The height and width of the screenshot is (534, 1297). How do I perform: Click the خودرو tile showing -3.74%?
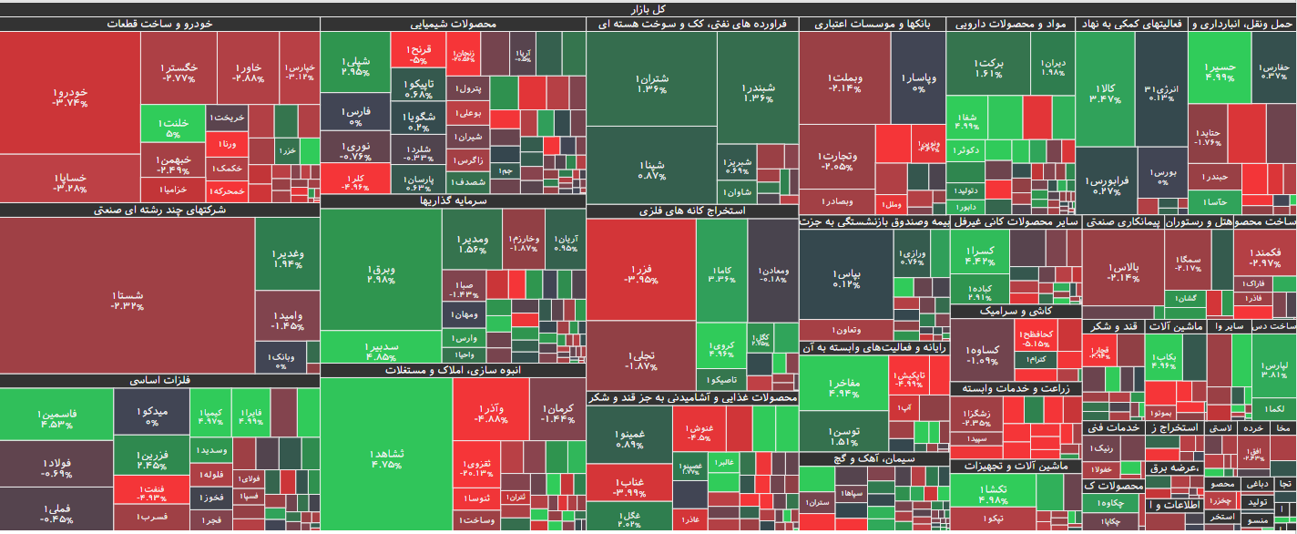coord(69,98)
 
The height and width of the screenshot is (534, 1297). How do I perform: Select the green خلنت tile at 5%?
coord(173,128)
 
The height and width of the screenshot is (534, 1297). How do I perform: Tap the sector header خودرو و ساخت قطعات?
coord(159,25)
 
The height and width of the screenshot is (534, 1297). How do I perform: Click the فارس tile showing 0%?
coord(354,116)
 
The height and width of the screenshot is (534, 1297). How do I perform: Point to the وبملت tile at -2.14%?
coord(845,82)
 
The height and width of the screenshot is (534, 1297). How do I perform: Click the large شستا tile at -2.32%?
coord(127,300)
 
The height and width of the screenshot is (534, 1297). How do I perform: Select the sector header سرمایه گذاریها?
coord(453,200)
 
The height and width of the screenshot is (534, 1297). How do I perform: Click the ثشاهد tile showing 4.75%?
coord(386,458)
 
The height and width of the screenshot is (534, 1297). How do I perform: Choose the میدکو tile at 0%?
coord(151,417)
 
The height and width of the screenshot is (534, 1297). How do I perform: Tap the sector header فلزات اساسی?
coord(159,380)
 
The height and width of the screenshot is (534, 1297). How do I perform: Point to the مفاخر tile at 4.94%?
coord(843,388)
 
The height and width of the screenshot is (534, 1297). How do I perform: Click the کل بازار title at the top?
coord(648,8)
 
